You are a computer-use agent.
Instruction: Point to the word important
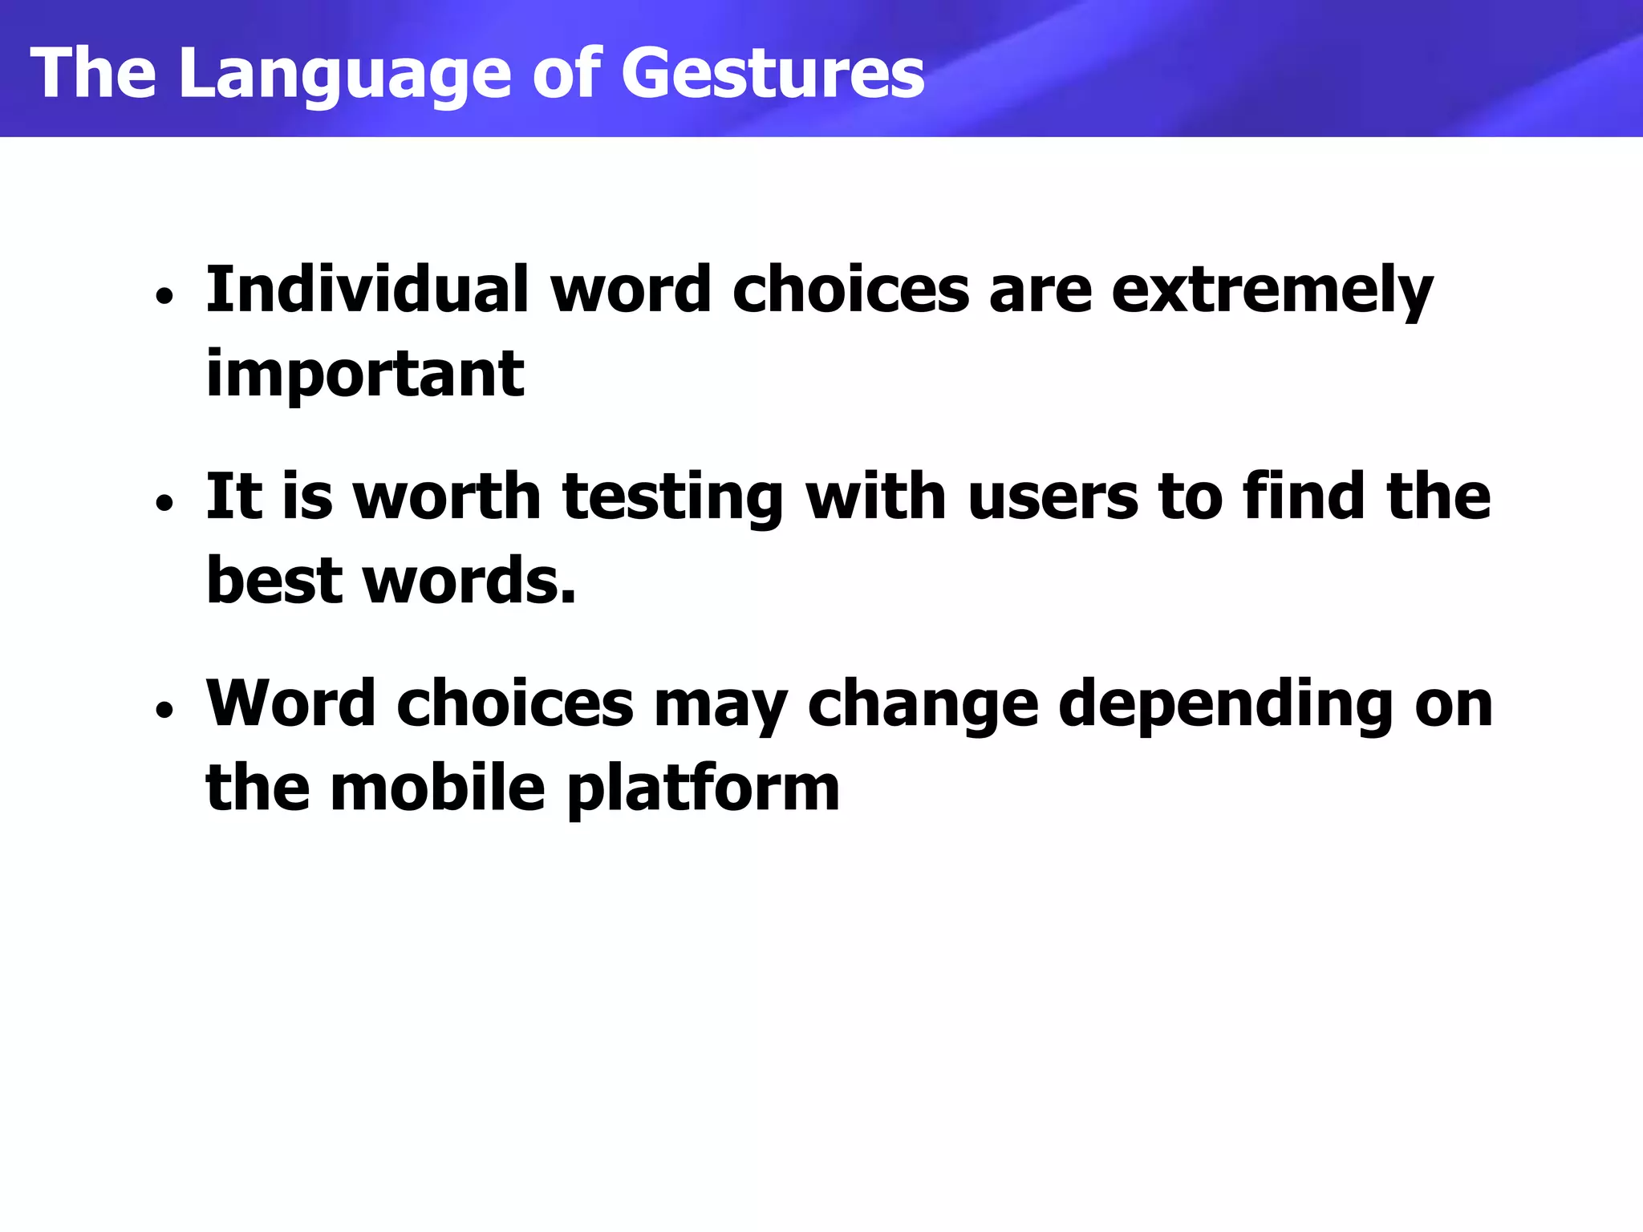(x=365, y=375)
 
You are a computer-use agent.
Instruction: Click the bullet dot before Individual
(x=164, y=298)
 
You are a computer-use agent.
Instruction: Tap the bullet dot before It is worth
(x=164, y=505)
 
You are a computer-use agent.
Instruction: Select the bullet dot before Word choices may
(x=164, y=711)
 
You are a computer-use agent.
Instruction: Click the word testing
(x=672, y=497)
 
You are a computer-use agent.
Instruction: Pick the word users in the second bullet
(x=1053, y=497)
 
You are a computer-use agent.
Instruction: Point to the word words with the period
(x=470, y=579)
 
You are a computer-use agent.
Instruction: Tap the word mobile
(x=437, y=788)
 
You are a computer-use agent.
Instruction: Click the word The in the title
(x=93, y=74)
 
